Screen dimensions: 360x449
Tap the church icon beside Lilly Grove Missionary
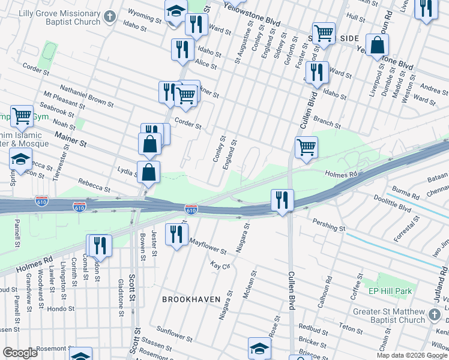pyautogui.click(x=109, y=16)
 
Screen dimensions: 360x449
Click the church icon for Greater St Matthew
pyautogui.click(x=434, y=314)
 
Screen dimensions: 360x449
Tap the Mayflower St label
pyautogui.click(x=207, y=245)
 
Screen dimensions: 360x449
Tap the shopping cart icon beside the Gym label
pyautogui.click(x=22, y=116)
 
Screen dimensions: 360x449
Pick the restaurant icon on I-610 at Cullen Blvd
pyautogui.click(x=282, y=199)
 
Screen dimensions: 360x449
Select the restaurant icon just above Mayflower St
pyautogui.click(x=176, y=233)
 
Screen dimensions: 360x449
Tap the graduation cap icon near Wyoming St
pyautogui.click(x=175, y=11)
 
